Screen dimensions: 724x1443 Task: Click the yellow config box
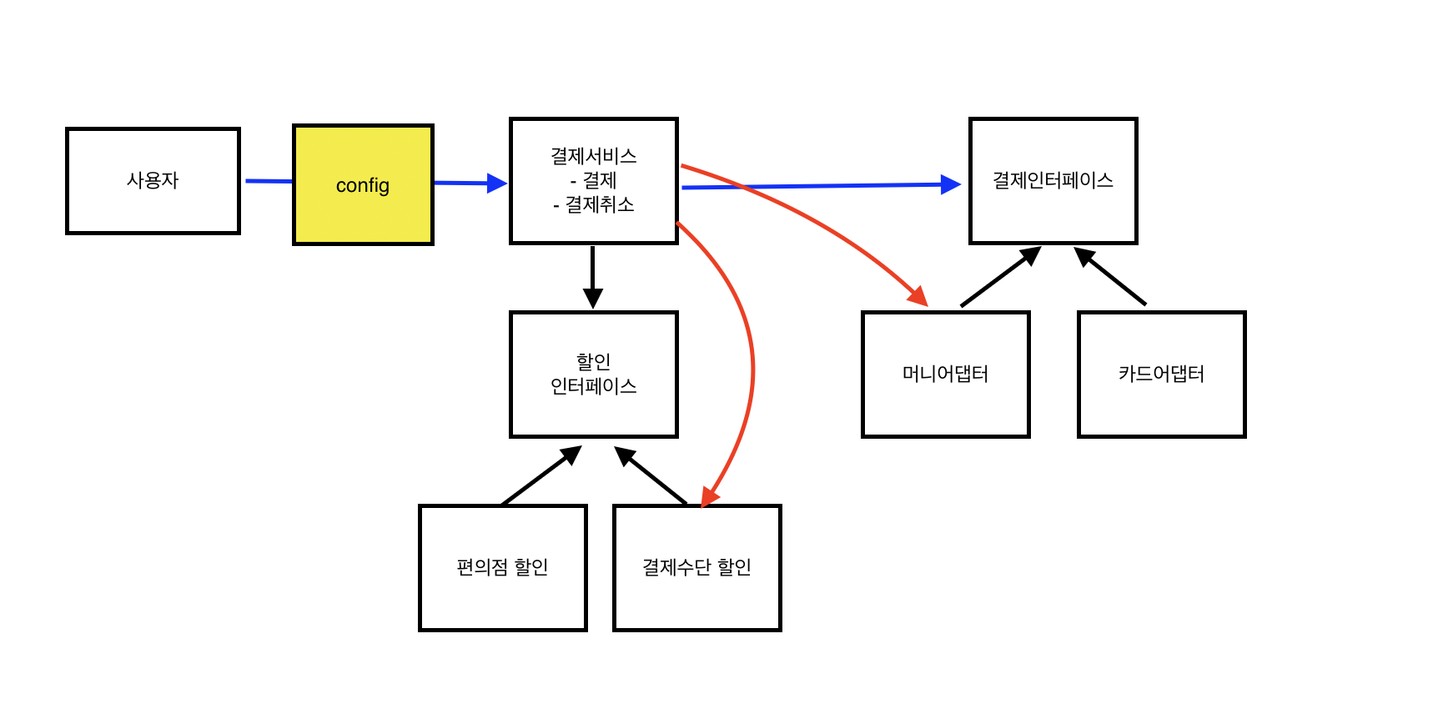[363, 185]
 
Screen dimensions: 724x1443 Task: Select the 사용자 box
[153, 180]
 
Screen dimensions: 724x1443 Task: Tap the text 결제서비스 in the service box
[593, 156]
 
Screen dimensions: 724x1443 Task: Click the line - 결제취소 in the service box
[593, 204]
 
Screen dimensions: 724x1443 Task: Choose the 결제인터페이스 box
[1053, 180]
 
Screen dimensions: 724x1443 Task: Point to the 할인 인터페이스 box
[593, 374]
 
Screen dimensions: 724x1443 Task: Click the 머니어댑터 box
[945, 374]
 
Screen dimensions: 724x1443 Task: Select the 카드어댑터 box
[1161, 374]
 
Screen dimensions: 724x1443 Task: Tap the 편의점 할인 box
[502, 567]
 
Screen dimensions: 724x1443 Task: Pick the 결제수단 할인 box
[696, 567]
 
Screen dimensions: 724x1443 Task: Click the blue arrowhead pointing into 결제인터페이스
[951, 184]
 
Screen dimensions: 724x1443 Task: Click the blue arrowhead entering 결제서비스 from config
[497, 184]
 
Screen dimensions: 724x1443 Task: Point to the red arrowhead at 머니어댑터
[918, 296]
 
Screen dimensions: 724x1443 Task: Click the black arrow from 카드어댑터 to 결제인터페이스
[1111, 276]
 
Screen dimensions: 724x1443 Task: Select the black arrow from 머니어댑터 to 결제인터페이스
[999, 277]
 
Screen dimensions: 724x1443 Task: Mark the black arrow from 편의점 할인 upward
[540, 476]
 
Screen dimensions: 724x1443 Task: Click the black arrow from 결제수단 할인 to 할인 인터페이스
[651, 475]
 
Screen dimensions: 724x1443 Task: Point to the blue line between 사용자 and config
[269, 181]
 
